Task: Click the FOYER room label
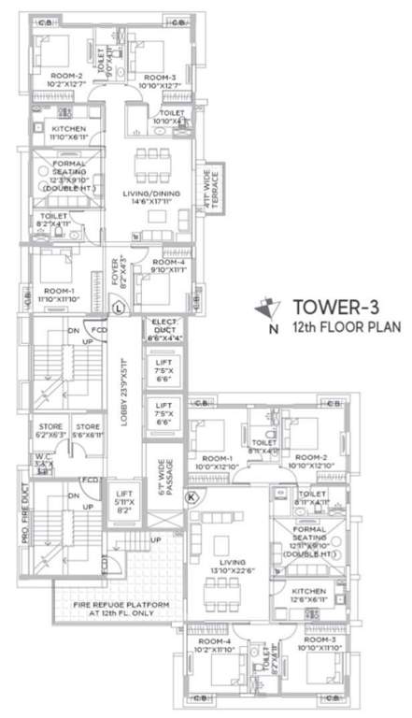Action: [119, 267]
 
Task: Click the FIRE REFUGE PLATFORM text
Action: [122, 610]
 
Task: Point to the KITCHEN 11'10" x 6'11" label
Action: [68, 133]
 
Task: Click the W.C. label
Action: [43, 460]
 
